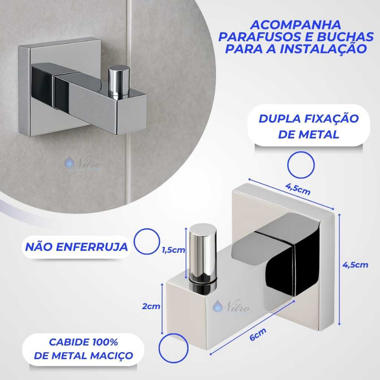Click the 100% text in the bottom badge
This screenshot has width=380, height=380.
[x=105, y=342]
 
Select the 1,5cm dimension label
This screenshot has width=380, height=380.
[x=174, y=250]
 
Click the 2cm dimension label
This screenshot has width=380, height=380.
[x=151, y=306]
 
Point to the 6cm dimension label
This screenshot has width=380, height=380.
[x=258, y=334]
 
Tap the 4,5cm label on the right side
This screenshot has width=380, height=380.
[x=355, y=265]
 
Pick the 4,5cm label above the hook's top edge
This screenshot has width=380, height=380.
[x=298, y=189]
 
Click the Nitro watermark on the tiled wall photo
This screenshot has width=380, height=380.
[x=83, y=163]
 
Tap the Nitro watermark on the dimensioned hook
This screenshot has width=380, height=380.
[x=231, y=306]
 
